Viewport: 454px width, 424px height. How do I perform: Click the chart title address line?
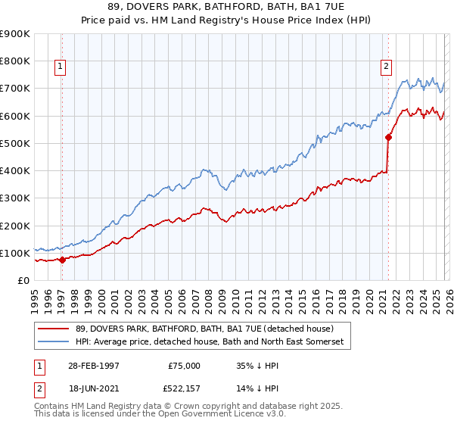(227, 8)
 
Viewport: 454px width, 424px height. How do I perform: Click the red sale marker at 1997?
(62, 260)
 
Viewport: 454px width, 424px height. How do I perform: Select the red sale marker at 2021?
(388, 137)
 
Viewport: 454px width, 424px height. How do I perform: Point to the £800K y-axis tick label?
(15, 61)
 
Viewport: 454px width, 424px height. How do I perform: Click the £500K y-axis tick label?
(15, 143)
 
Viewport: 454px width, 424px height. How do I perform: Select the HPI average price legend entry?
(210, 342)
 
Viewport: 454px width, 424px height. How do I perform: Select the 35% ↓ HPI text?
(254, 366)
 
